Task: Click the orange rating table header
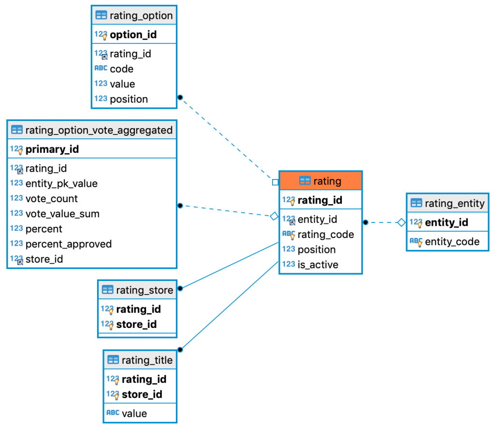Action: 320,181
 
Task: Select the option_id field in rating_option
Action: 133,35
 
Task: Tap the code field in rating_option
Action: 121,69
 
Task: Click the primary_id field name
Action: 52,149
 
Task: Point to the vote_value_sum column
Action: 62,214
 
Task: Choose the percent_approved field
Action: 68,244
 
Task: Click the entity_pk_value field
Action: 61,184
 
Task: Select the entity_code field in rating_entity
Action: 452,242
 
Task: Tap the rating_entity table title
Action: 454,204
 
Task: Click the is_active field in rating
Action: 318,265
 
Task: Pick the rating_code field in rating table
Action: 325,235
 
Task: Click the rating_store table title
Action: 144,290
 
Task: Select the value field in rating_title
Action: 134,414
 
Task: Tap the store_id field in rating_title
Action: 142,395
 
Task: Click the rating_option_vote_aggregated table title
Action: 98,130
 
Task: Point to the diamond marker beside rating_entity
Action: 401,222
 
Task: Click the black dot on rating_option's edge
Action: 180,97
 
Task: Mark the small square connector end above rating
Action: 275,182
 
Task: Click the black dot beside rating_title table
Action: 180,349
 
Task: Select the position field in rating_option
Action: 129,99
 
